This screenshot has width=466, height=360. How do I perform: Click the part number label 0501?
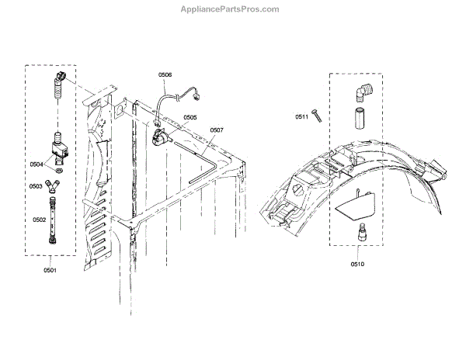(x=50, y=270)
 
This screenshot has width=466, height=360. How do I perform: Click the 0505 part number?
(x=190, y=117)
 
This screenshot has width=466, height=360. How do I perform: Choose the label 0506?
(x=165, y=74)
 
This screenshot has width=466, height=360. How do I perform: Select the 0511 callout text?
(x=301, y=116)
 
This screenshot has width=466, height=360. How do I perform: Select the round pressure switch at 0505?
(x=162, y=137)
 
